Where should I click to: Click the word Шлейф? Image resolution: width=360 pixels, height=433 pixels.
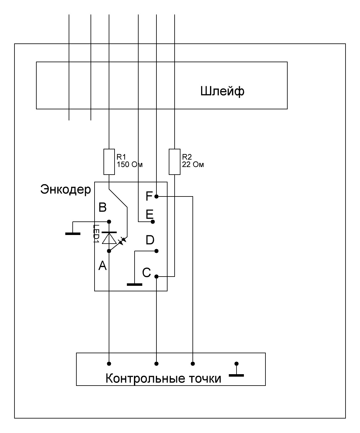pos(222,91)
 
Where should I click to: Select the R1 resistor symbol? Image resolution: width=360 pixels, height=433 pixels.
pos(109,162)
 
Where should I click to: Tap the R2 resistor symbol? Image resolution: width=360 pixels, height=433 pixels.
pos(175,162)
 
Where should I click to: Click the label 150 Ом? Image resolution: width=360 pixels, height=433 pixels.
pos(130,164)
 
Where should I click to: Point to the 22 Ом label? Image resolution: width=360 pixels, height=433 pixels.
pos(193,164)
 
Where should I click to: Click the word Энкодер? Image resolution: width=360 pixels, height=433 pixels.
pos(65,189)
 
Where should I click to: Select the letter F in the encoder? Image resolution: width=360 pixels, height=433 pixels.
pos(149,196)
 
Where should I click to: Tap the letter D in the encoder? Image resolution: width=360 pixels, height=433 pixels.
pos(150,240)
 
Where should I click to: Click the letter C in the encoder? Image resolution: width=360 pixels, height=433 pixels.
pos(146,272)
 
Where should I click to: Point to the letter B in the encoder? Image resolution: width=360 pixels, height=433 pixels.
pos(103,207)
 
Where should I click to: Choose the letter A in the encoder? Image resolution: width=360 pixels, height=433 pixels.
pos(102,265)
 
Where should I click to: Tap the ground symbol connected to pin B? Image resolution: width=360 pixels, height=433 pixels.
pos(73,234)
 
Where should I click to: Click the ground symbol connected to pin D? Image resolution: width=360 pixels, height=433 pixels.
pos(135,284)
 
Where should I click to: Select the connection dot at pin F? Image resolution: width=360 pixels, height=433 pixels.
pos(157,196)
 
